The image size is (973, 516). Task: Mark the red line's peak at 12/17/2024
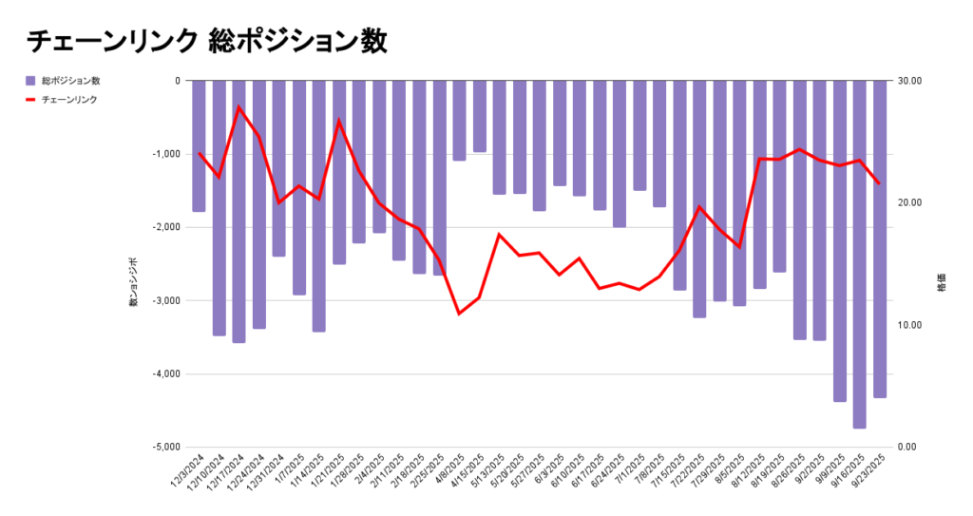238,106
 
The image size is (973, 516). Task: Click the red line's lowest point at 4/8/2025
459,314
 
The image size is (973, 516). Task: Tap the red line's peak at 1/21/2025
339,121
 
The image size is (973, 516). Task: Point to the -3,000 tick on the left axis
163,300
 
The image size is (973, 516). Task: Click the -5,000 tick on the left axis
163,447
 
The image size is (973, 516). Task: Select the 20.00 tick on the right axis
910,203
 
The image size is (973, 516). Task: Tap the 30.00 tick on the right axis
910,81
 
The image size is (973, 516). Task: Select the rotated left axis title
134,281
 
